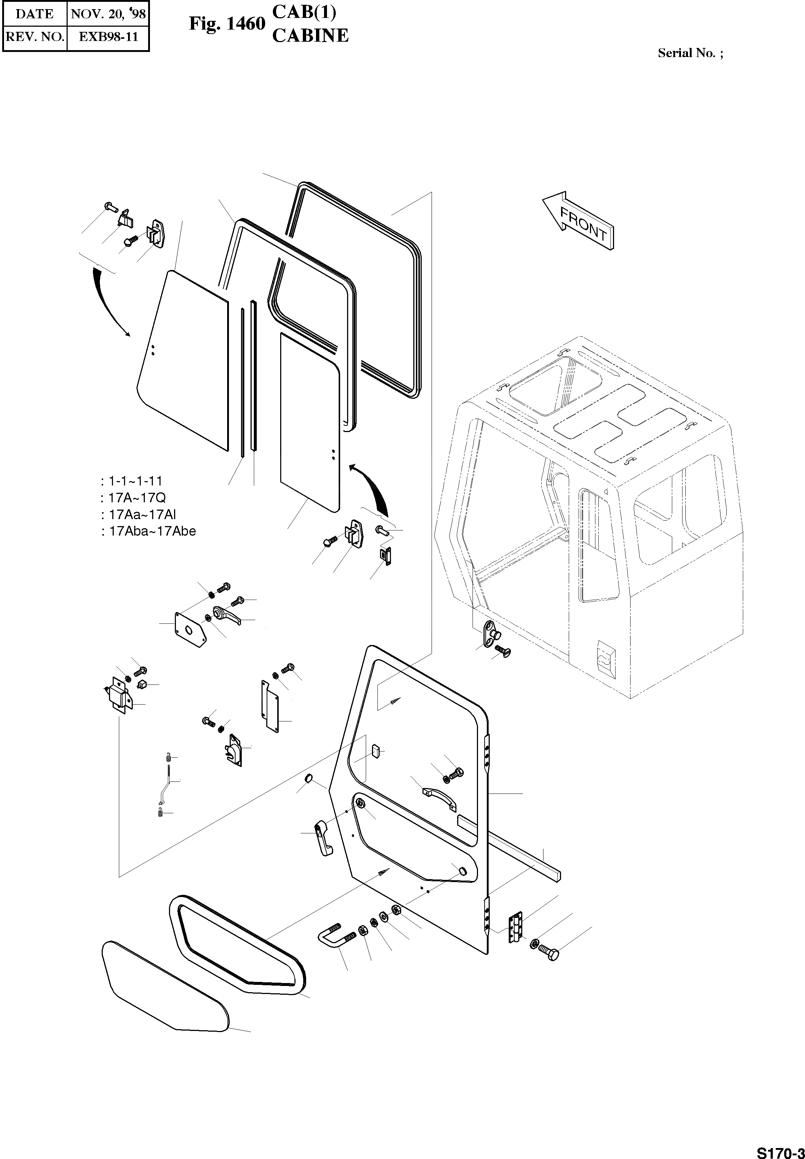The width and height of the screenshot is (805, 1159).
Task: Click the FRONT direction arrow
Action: coord(579,221)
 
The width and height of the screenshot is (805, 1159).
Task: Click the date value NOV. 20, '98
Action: coord(108,14)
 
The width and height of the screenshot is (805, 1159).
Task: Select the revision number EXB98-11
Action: coord(108,37)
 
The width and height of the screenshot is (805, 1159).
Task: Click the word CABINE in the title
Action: coord(310,35)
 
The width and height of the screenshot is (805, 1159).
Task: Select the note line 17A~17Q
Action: coord(133,498)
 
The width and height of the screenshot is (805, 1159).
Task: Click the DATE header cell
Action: coord(34,14)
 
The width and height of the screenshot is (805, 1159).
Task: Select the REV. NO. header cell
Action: coord(34,37)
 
